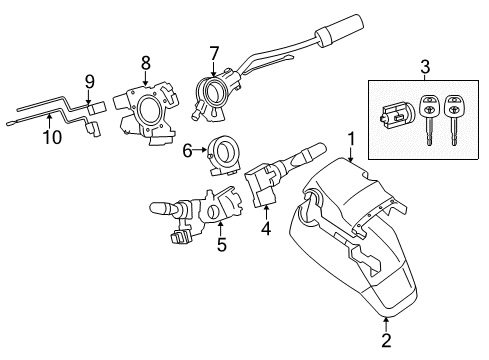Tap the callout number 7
213,52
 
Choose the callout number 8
145,62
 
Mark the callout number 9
88,82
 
